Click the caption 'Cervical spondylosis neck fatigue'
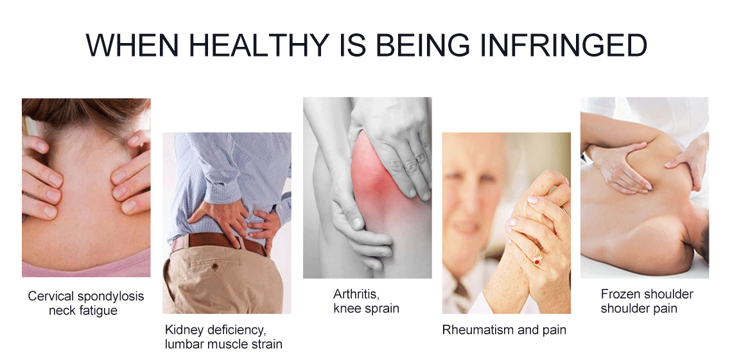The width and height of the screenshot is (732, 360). coord(86,303)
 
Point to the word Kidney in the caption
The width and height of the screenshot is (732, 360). coord(184,330)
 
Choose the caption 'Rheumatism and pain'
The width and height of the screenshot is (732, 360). coord(504,330)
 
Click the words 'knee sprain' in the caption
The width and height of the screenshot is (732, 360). coord(367,309)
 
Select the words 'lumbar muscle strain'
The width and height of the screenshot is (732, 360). coord(223,345)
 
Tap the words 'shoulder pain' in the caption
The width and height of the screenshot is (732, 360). coord(639,309)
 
